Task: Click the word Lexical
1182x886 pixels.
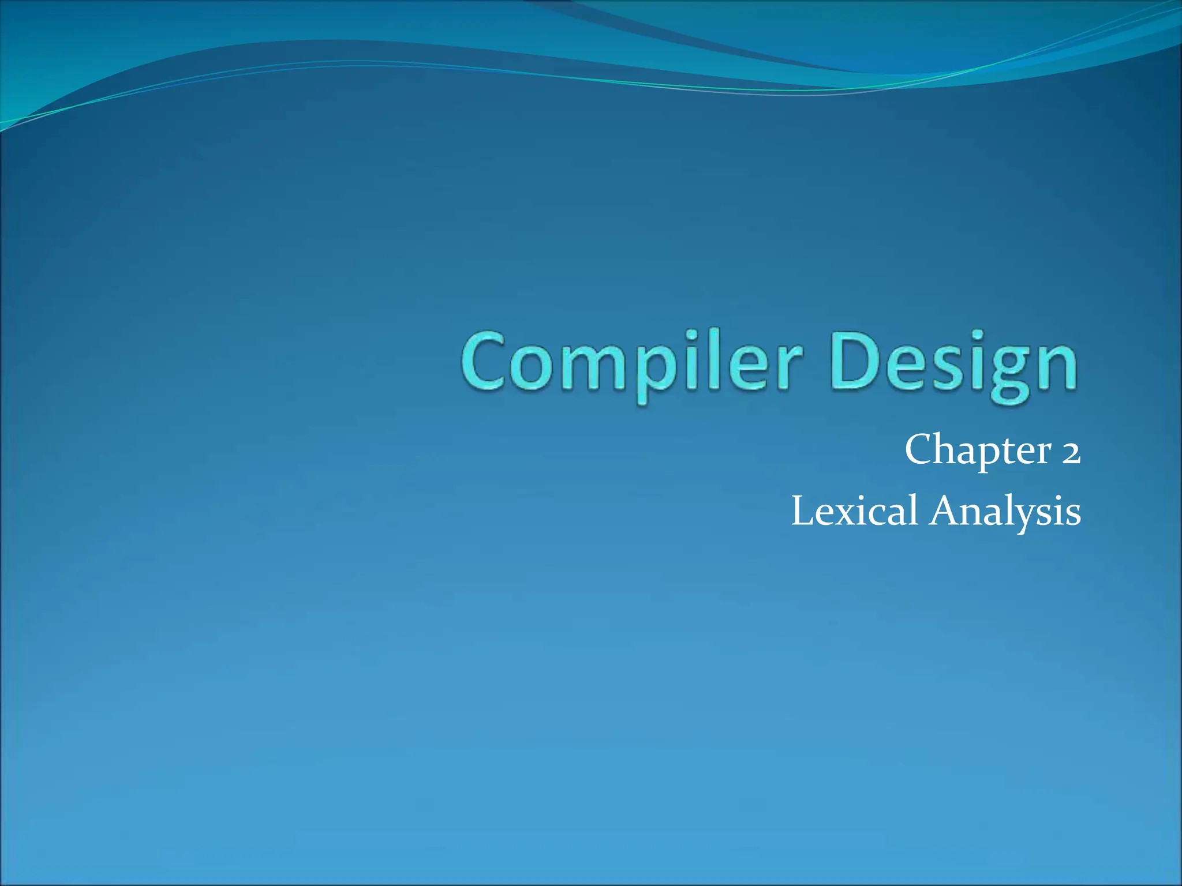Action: point(854,511)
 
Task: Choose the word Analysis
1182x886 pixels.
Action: point(1005,511)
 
